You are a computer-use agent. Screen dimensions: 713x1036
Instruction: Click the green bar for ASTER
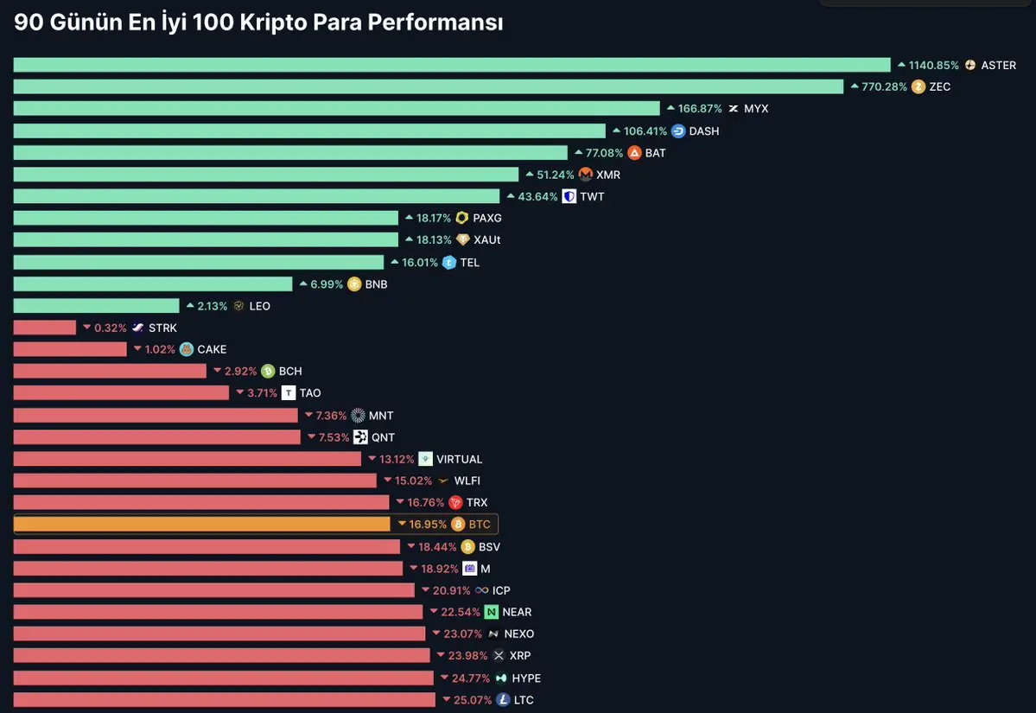(451, 65)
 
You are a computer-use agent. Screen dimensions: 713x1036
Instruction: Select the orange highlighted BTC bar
(202, 525)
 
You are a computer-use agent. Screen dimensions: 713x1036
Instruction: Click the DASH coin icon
(678, 131)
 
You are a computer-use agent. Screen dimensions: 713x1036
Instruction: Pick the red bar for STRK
(45, 328)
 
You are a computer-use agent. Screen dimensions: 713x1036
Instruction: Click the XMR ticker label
(608, 175)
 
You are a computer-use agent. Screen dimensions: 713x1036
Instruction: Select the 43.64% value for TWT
(537, 196)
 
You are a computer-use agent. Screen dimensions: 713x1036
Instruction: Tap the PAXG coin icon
(462, 219)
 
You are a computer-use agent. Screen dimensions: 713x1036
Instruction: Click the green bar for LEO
(96, 306)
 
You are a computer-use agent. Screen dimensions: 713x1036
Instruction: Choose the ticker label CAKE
(212, 349)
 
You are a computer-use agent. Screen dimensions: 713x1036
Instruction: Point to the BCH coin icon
(268, 372)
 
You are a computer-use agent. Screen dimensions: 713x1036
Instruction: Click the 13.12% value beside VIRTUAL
(397, 459)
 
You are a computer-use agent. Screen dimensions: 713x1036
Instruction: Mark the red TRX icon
(456, 503)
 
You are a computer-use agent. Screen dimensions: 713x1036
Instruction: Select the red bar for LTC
(224, 700)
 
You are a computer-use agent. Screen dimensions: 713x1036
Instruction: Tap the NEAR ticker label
(517, 612)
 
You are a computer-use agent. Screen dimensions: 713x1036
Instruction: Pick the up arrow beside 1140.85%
(901, 65)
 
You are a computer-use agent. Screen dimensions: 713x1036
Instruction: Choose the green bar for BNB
(153, 284)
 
